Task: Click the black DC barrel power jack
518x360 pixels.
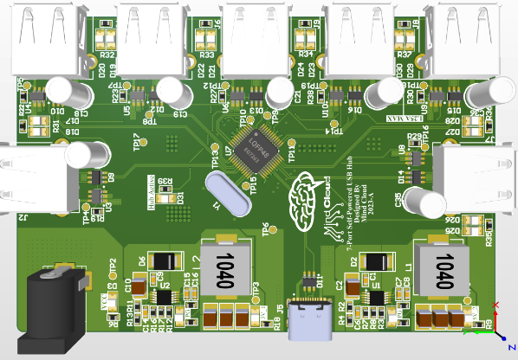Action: coord(55,299)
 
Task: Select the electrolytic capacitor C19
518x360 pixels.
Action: coord(171,92)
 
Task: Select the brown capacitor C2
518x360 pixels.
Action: coord(353,286)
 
